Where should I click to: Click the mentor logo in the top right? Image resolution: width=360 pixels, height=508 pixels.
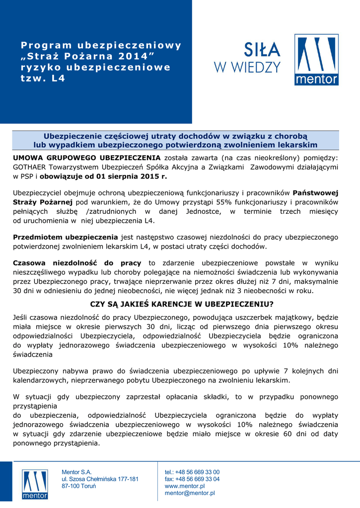tap(316, 60)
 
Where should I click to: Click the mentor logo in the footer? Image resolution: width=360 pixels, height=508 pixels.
tap(35, 484)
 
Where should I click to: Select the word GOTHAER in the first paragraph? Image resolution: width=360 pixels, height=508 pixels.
tap(31, 167)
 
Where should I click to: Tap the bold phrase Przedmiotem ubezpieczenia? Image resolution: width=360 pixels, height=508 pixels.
tap(66, 237)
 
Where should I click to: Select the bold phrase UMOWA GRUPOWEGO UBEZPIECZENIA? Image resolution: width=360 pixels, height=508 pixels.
tap(87, 158)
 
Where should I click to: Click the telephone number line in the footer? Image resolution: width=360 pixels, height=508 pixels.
tap(192, 472)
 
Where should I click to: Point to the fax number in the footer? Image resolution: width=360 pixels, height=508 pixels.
tap(192, 479)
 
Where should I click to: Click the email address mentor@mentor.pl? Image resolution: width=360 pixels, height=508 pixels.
tap(190, 493)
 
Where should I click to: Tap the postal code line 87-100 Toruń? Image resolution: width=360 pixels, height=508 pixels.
tap(78, 486)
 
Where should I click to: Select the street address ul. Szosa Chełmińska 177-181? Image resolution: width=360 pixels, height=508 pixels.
tap(100, 479)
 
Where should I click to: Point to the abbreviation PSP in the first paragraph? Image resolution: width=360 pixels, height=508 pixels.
tap(26, 176)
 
